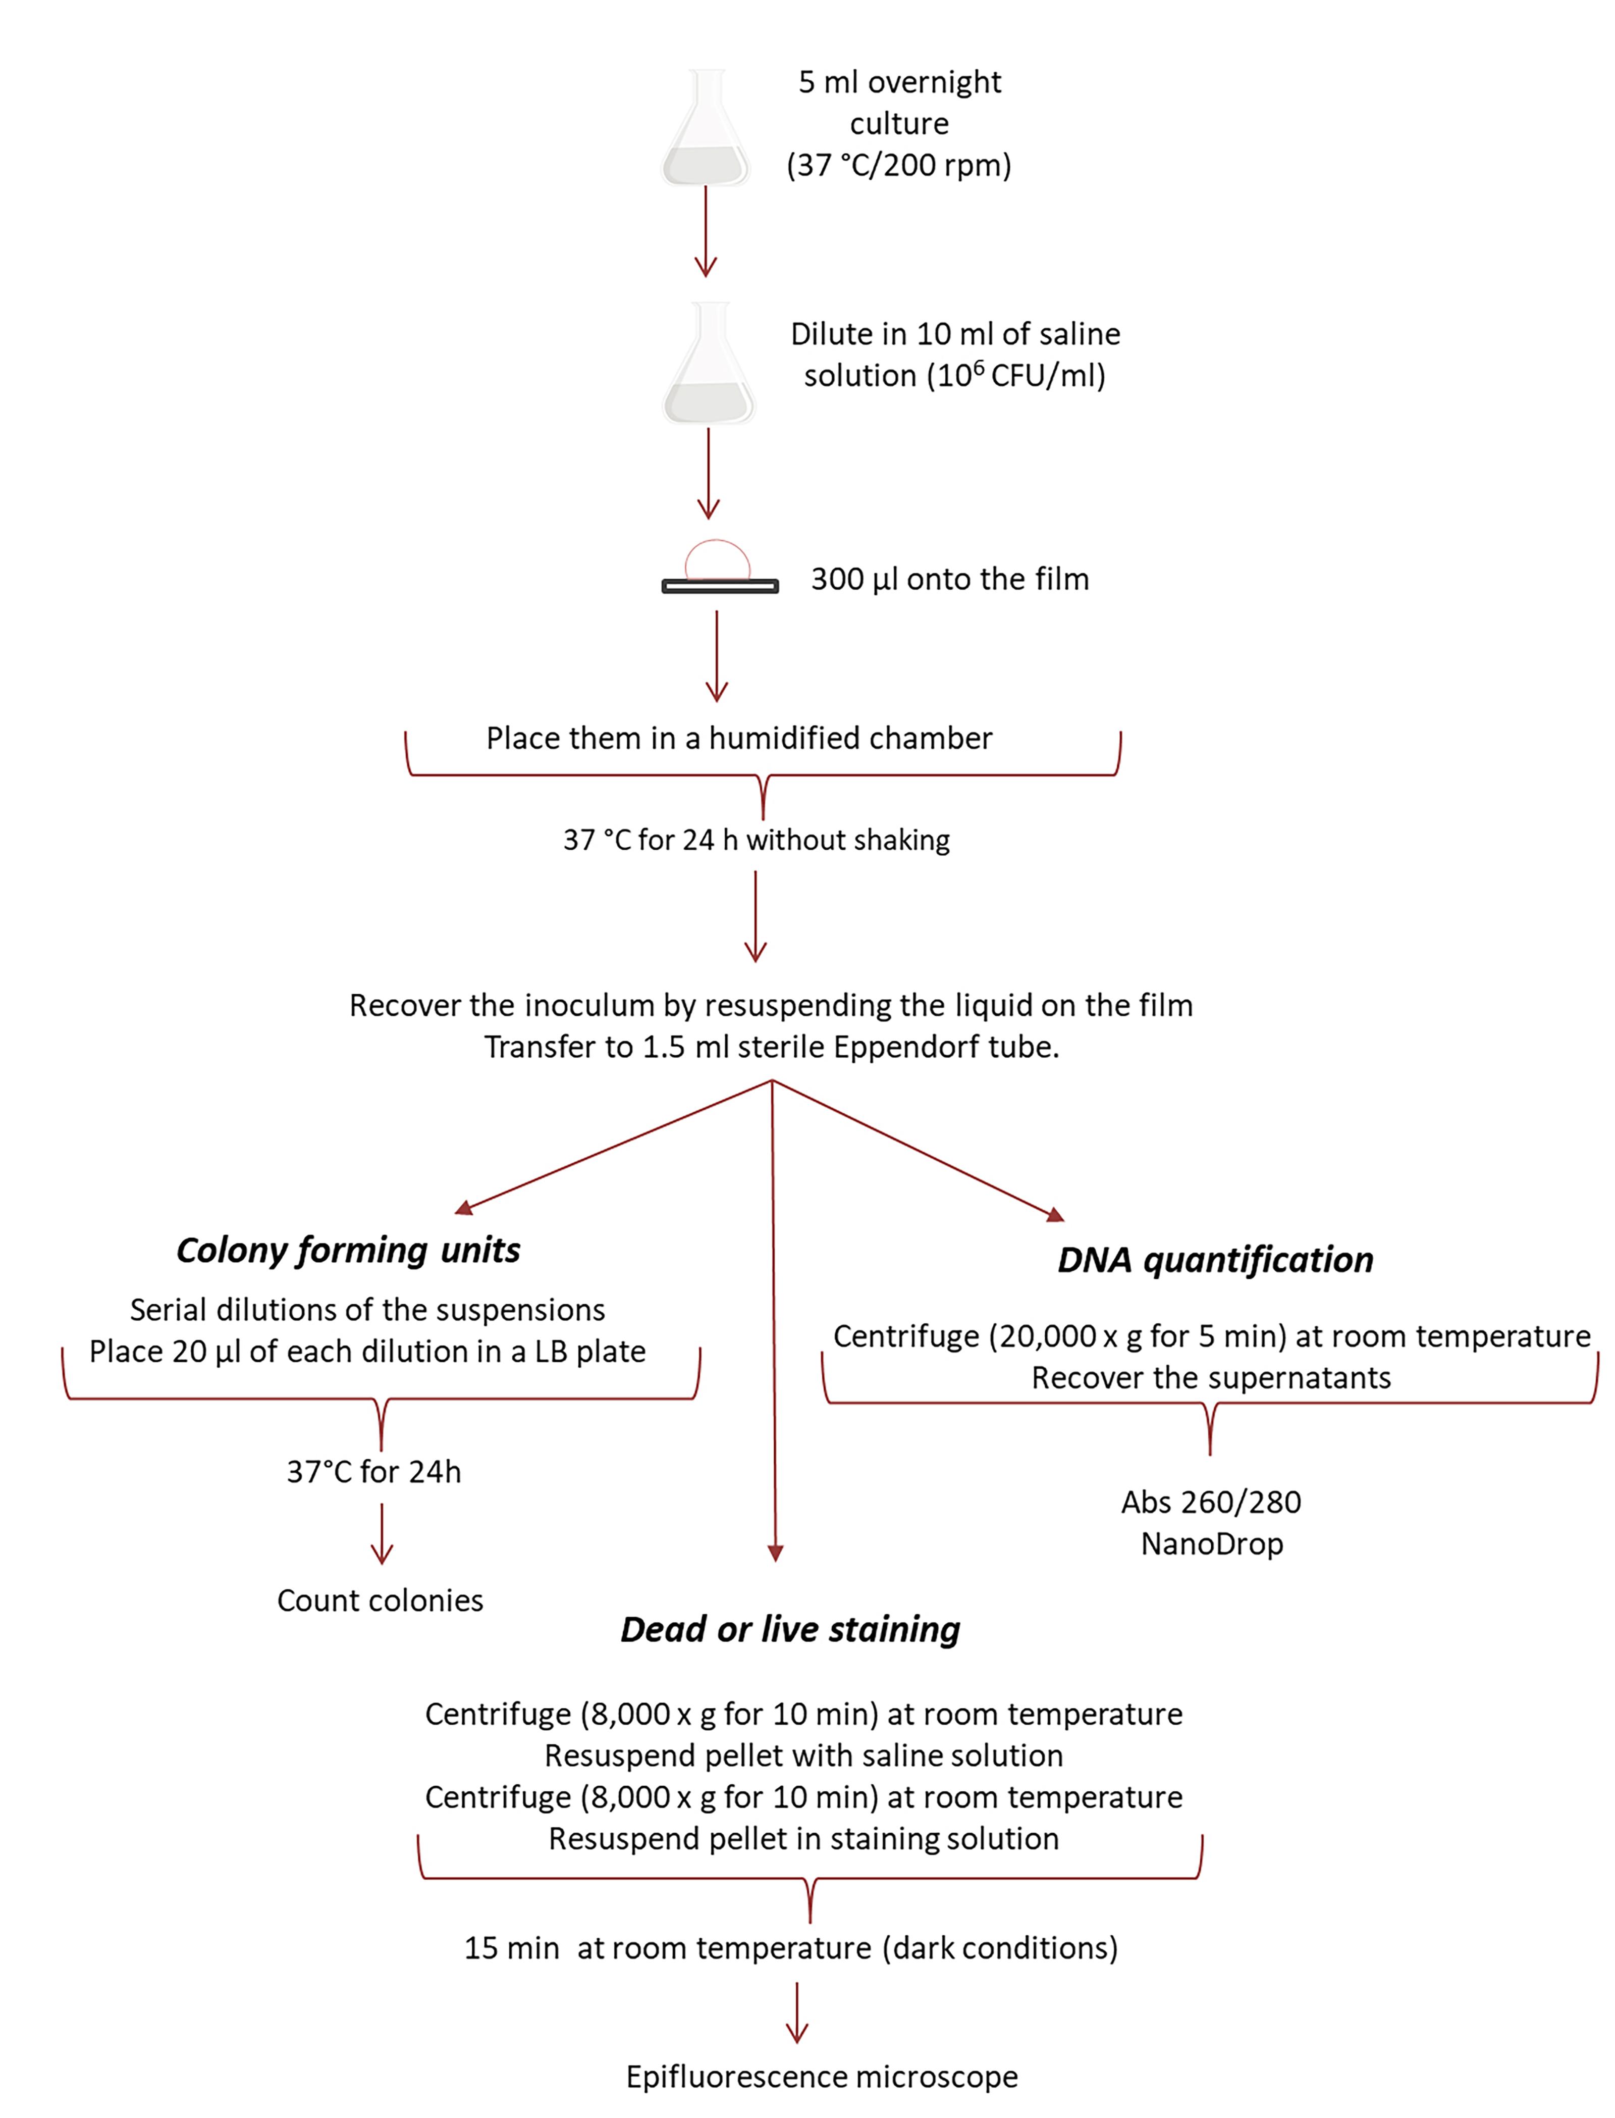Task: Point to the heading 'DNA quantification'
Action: coord(1215,1260)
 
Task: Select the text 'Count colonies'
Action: coord(380,1600)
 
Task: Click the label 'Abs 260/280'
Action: coord(1211,1502)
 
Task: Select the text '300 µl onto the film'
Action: coord(950,579)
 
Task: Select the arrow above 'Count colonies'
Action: coord(382,1533)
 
